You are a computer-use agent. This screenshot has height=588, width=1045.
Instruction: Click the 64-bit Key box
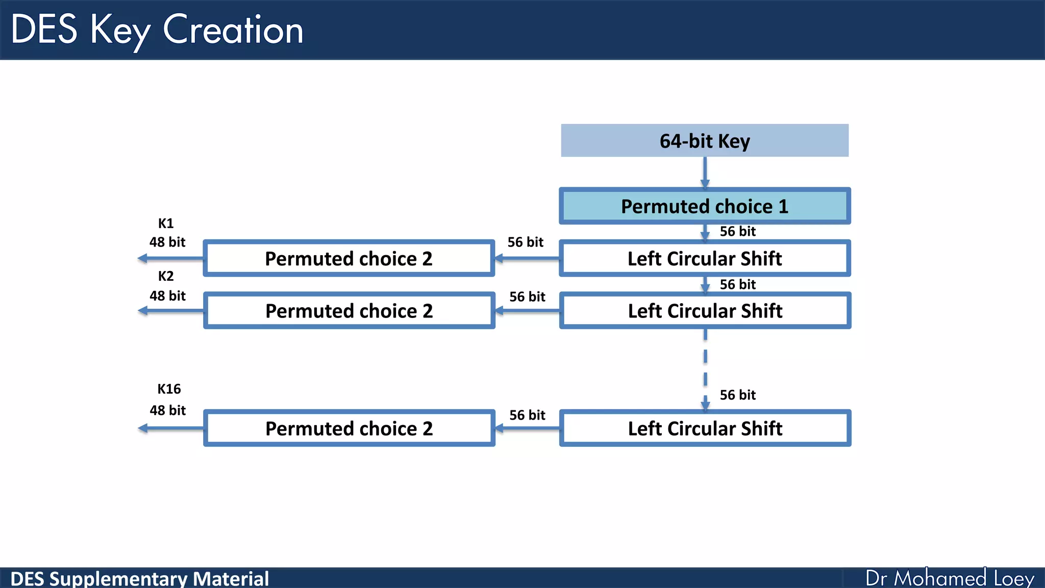coord(704,140)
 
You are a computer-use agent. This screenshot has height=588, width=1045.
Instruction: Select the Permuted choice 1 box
coord(704,206)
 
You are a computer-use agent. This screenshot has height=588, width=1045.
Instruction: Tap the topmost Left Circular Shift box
coord(704,258)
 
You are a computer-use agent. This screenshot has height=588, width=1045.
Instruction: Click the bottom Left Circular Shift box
coord(704,428)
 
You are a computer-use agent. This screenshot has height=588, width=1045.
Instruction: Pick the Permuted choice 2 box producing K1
coord(349,258)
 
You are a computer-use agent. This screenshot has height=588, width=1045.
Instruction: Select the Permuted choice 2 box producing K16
coord(349,428)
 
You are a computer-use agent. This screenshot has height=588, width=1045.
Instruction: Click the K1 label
coord(166,224)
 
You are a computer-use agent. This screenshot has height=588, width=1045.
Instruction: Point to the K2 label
coord(166,276)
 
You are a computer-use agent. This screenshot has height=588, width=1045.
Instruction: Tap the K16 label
coord(169,389)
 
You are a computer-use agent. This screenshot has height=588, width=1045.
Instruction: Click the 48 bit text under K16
coord(167,410)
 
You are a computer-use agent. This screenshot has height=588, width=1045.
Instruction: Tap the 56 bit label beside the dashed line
coord(737,395)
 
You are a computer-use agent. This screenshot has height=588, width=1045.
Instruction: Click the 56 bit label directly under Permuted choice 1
coord(737,231)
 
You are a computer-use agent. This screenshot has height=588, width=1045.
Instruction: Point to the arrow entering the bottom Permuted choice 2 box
coord(527,429)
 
